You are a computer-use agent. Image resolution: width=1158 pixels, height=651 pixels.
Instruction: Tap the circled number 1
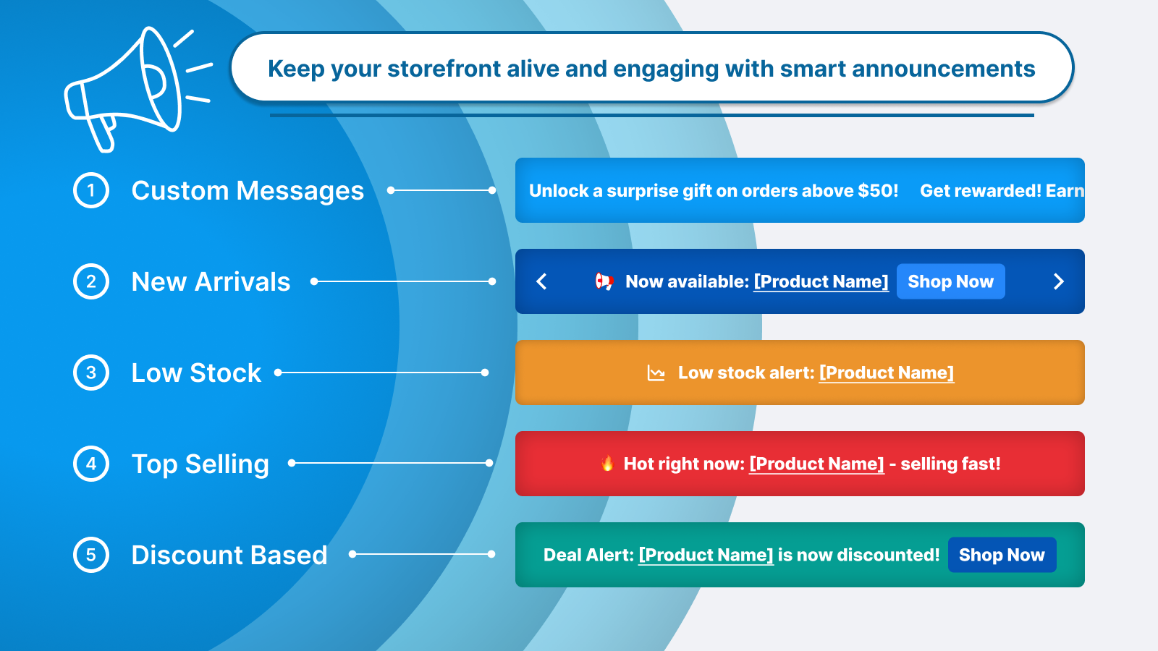tap(91, 190)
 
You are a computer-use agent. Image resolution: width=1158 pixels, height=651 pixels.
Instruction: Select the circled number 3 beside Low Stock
tap(91, 373)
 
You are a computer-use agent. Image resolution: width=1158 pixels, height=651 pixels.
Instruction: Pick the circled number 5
tap(91, 555)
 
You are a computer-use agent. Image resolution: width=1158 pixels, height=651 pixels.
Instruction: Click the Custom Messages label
tap(248, 191)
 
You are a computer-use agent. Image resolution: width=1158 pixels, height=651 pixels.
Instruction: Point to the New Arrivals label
tap(211, 282)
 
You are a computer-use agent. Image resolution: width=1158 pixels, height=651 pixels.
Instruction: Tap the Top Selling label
tap(200, 464)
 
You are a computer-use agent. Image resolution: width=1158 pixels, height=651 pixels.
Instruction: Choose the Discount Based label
tap(229, 556)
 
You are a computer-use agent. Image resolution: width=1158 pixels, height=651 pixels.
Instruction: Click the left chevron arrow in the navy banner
tap(541, 281)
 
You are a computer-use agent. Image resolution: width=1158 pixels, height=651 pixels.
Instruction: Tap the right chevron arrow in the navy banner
tap(1058, 281)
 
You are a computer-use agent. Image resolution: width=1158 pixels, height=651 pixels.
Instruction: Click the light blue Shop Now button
tap(950, 281)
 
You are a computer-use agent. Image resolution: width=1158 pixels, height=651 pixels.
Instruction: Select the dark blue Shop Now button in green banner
tap(1002, 555)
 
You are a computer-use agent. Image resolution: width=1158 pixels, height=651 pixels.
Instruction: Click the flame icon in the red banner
tap(607, 463)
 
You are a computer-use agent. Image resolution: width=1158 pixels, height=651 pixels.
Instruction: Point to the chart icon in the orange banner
tap(656, 373)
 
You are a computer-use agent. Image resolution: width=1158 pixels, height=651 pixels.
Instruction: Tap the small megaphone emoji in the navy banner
tap(604, 281)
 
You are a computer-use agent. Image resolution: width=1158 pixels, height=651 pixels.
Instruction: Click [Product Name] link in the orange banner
tap(886, 373)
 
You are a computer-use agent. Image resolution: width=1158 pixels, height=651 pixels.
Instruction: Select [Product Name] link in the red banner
tap(816, 464)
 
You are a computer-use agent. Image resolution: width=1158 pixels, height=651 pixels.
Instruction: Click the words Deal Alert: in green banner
tap(588, 555)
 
